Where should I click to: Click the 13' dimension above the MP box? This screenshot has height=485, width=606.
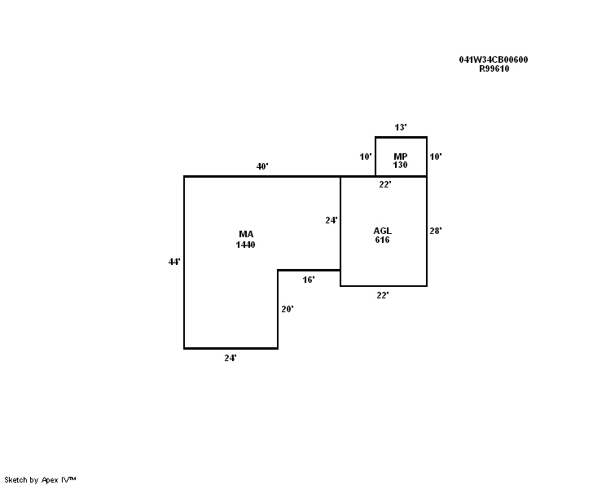pos(401,127)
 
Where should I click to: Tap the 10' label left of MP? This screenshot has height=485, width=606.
pos(366,157)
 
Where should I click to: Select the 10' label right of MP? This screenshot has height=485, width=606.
pos(436,157)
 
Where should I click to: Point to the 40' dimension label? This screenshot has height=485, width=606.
pos(262,166)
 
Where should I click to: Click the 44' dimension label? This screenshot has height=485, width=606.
pos(174,262)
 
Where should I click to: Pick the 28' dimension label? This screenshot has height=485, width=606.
pos(436,231)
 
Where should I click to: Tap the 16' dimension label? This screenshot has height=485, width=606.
pos(309,280)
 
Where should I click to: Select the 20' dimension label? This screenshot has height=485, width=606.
pos(288,309)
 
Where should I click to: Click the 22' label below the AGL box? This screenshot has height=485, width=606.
pos(383,295)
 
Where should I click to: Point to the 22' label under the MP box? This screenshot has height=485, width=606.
pos(385,184)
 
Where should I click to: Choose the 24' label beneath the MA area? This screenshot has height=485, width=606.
pos(231,358)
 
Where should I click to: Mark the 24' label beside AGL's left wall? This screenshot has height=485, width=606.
pos(332,220)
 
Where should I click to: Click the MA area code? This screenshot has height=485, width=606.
pos(246,234)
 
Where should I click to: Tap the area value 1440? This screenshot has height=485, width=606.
pos(245,245)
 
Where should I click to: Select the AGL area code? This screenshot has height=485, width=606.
pos(382,231)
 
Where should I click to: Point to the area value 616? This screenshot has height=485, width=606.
pos(382,240)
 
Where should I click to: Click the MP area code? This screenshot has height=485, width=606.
pos(401,157)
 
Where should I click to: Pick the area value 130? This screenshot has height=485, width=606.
pos(401,165)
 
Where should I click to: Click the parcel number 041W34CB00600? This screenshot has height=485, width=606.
pos(494,60)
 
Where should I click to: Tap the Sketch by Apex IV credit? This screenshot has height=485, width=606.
pos(40,480)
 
